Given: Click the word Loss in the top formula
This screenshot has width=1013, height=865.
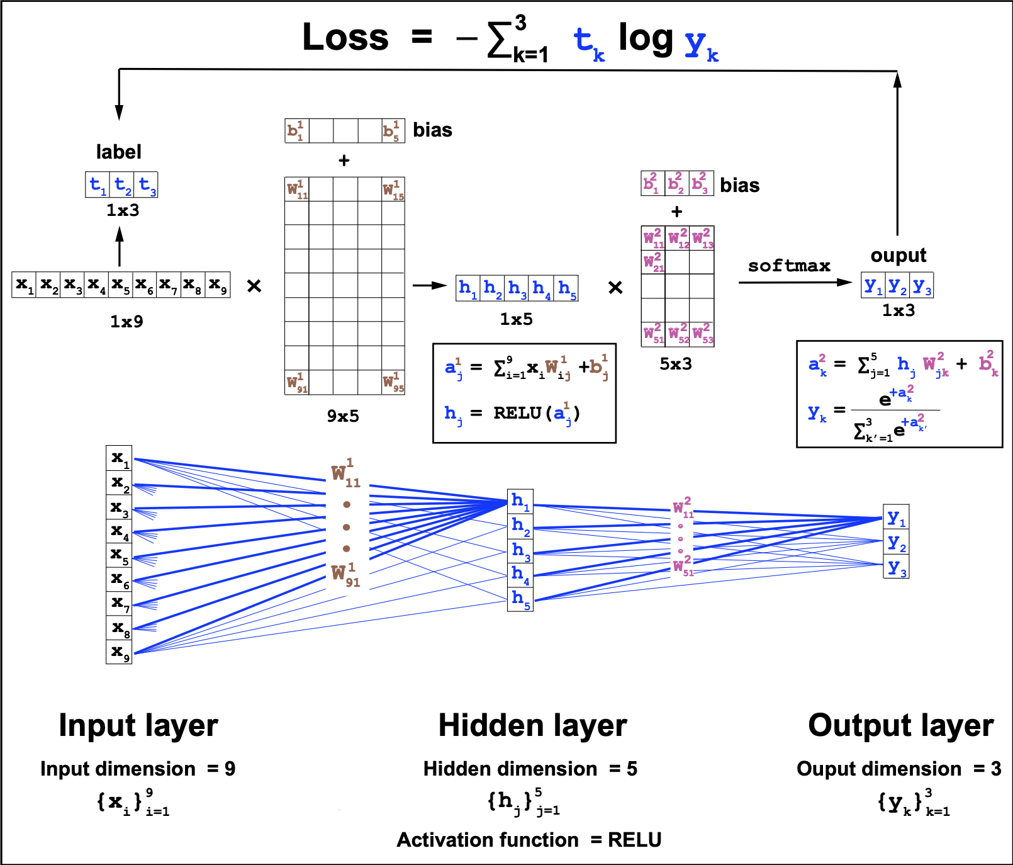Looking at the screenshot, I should (x=345, y=37).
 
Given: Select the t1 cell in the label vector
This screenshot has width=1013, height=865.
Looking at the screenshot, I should (x=97, y=184).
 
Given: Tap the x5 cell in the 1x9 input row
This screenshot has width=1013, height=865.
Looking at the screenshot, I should (x=120, y=285).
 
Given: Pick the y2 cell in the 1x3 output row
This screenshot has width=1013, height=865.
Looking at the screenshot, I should (x=897, y=286).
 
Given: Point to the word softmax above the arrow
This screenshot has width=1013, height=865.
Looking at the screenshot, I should (x=789, y=266).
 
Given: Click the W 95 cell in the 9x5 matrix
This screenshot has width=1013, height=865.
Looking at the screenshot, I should (x=393, y=382).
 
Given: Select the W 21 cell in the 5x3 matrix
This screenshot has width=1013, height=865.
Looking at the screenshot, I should (x=653, y=262).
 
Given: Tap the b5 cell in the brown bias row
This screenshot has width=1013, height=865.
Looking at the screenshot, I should (x=392, y=130).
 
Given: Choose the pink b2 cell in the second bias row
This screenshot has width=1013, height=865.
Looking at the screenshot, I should (x=677, y=183).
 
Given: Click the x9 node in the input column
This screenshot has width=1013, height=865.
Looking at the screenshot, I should (x=119, y=652).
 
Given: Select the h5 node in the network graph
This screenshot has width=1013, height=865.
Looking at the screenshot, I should (x=520, y=599).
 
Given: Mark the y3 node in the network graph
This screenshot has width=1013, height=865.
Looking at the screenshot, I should (x=896, y=567).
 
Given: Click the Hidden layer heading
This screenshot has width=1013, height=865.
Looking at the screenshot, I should (x=532, y=725).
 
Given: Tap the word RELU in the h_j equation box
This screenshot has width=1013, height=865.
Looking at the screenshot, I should (x=517, y=413).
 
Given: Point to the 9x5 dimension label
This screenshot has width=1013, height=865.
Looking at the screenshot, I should (x=343, y=416).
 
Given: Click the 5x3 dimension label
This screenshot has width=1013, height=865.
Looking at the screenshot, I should (x=676, y=364).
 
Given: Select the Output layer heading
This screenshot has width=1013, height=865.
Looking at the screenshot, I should (x=900, y=725).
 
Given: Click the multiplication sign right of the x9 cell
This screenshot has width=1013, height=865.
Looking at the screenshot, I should (x=254, y=286).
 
